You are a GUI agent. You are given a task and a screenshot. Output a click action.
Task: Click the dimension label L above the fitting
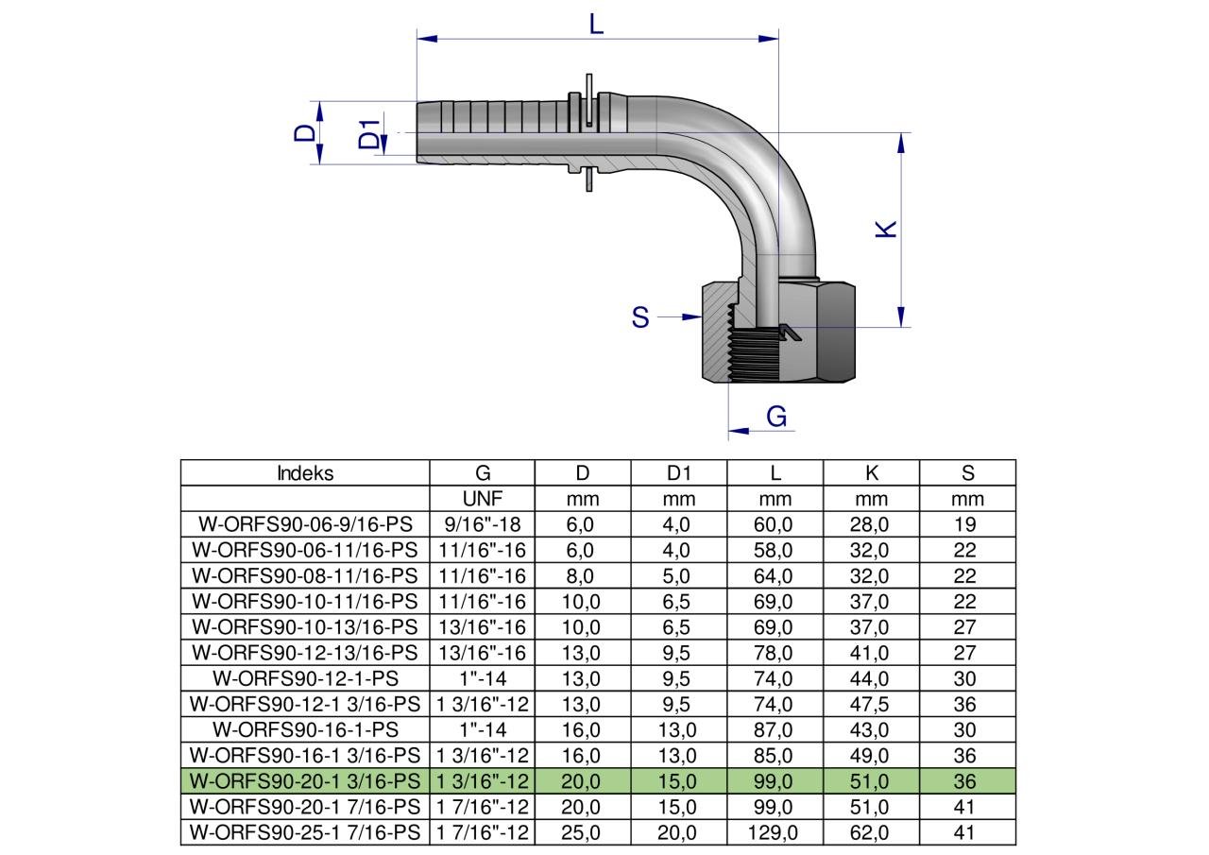pyautogui.click(x=596, y=25)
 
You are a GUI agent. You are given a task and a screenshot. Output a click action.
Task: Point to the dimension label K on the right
pyautogui.click(x=886, y=229)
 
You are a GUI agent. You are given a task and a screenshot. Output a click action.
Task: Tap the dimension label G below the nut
pyautogui.click(x=776, y=417)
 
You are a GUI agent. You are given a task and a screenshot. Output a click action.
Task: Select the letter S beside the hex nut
pyautogui.click(x=640, y=317)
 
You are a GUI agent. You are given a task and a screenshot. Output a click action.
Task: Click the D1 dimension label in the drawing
pyautogui.click(x=369, y=134)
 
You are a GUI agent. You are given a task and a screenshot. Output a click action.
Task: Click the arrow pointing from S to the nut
pyautogui.click(x=679, y=316)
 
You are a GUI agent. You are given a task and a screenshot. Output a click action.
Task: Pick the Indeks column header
pyautogui.click(x=305, y=472)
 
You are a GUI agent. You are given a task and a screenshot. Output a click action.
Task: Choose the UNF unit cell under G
pyautogui.click(x=483, y=498)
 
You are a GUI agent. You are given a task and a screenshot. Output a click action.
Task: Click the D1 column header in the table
pyautogui.click(x=678, y=472)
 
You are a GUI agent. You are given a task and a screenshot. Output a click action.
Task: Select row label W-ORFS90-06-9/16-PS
pyautogui.click(x=305, y=524)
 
